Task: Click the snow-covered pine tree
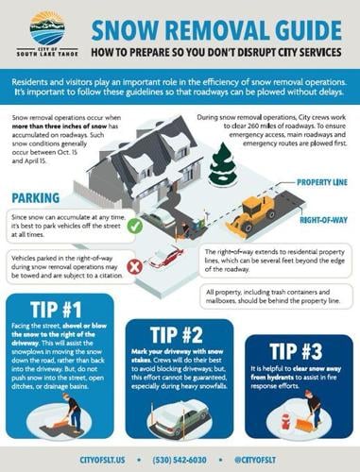tap(224, 163)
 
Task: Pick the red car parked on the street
tap(165, 256)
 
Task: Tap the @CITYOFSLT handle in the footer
tap(283, 460)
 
